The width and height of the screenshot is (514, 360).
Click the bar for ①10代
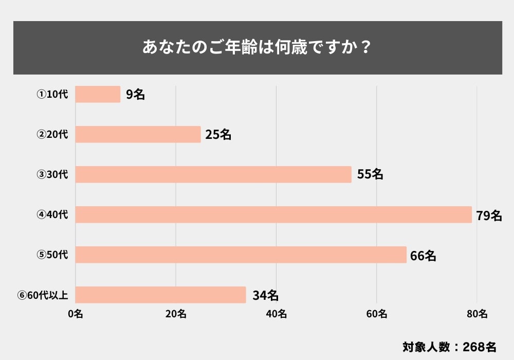tap(98, 94)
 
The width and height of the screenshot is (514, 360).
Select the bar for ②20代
tap(138, 134)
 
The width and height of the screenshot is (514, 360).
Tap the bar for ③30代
tap(213, 174)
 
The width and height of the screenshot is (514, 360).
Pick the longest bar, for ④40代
tap(273, 214)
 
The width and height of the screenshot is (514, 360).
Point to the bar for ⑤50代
tap(241, 255)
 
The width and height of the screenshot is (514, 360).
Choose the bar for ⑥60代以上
tap(160, 295)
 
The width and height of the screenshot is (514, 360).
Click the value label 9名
tap(135, 95)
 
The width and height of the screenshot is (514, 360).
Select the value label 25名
tap(218, 135)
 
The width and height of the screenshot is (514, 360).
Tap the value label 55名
tap(370, 175)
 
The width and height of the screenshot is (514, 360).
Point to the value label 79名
tap(489, 215)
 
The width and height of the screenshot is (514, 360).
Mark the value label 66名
tap(423, 255)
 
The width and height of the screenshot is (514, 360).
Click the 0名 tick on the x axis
tap(76, 315)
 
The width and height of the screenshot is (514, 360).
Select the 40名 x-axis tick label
tap(277, 315)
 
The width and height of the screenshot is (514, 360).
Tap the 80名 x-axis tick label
tap(477, 315)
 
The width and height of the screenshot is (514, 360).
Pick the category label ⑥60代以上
tap(46, 295)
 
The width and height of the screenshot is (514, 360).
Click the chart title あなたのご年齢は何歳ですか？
tap(257, 47)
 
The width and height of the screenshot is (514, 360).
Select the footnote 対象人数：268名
tap(449, 346)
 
